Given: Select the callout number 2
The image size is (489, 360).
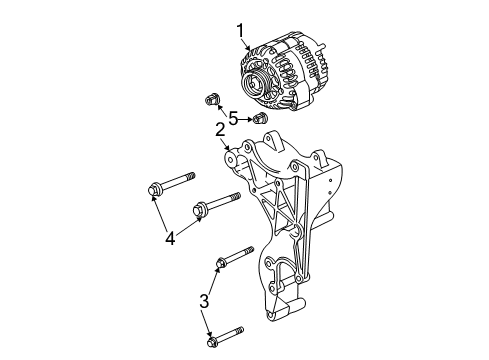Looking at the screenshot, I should coord(217,129).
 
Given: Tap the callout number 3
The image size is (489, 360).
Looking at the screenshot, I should coord(204,300).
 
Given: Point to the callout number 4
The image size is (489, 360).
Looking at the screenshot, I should coord(170,238).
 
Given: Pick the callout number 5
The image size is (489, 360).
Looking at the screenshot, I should coord(233,117).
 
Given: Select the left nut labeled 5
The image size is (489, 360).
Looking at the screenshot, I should coord(210,99).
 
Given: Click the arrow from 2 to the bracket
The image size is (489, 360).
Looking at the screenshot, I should coord(224,142).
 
